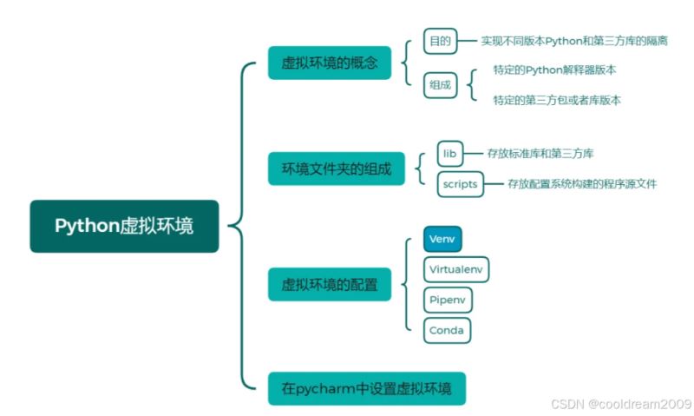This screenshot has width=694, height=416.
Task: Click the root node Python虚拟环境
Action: coord(124,227)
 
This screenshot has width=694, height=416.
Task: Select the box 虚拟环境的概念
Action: coord(330,63)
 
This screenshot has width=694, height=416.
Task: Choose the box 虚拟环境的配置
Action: coord(330,284)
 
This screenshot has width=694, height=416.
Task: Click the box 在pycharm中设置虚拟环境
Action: coord(367,388)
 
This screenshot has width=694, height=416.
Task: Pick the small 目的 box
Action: coord(437,40)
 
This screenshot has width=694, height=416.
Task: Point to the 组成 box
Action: coord(440,85)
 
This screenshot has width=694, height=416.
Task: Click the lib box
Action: coord(448,154)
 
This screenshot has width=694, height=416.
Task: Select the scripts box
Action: coord(460,184)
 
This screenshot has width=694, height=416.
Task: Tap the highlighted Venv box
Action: coord(442,238)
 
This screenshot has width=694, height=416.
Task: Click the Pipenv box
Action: coord(448,300)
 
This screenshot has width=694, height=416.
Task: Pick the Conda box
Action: coord(448,330)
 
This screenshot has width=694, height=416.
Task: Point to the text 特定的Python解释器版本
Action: coord(555,69)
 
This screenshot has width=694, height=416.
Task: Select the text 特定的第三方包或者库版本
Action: coord(557,100)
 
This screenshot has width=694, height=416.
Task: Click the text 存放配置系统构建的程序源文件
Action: coord(582,184)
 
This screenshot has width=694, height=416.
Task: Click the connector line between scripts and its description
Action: coord(494,184)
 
